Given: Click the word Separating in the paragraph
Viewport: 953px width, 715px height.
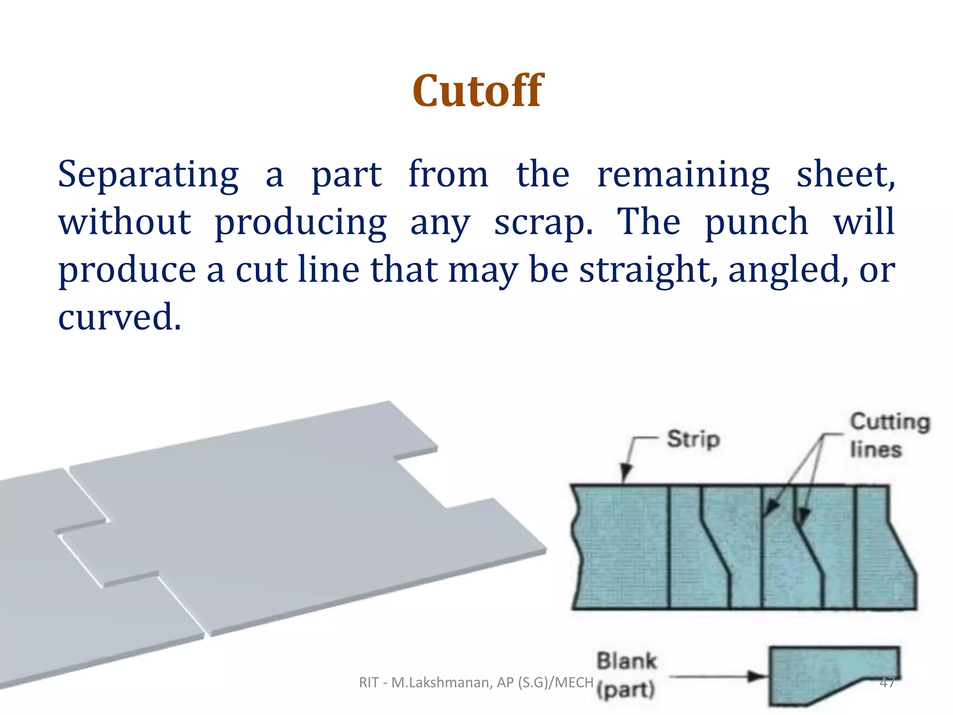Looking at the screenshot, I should (148, 175).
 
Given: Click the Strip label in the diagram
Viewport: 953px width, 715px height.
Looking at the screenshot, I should (693, 439).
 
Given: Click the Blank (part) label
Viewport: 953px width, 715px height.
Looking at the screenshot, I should (626, 675).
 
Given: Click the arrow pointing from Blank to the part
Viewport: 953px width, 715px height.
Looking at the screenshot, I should (717, 677).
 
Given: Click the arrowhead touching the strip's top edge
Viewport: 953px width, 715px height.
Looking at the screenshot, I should (626, 474).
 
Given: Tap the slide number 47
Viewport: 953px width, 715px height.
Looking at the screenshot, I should (887, 682).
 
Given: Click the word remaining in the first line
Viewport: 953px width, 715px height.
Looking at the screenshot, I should (683, 175).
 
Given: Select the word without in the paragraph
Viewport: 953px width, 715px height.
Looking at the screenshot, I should (124, 223).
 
